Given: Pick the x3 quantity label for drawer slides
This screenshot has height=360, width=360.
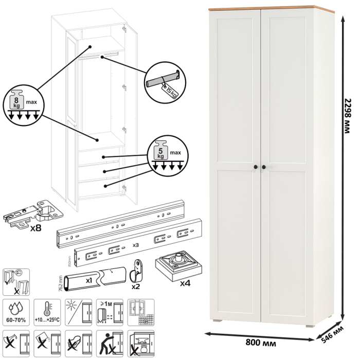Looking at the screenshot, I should pyautogui.click(x=136, y=245).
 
